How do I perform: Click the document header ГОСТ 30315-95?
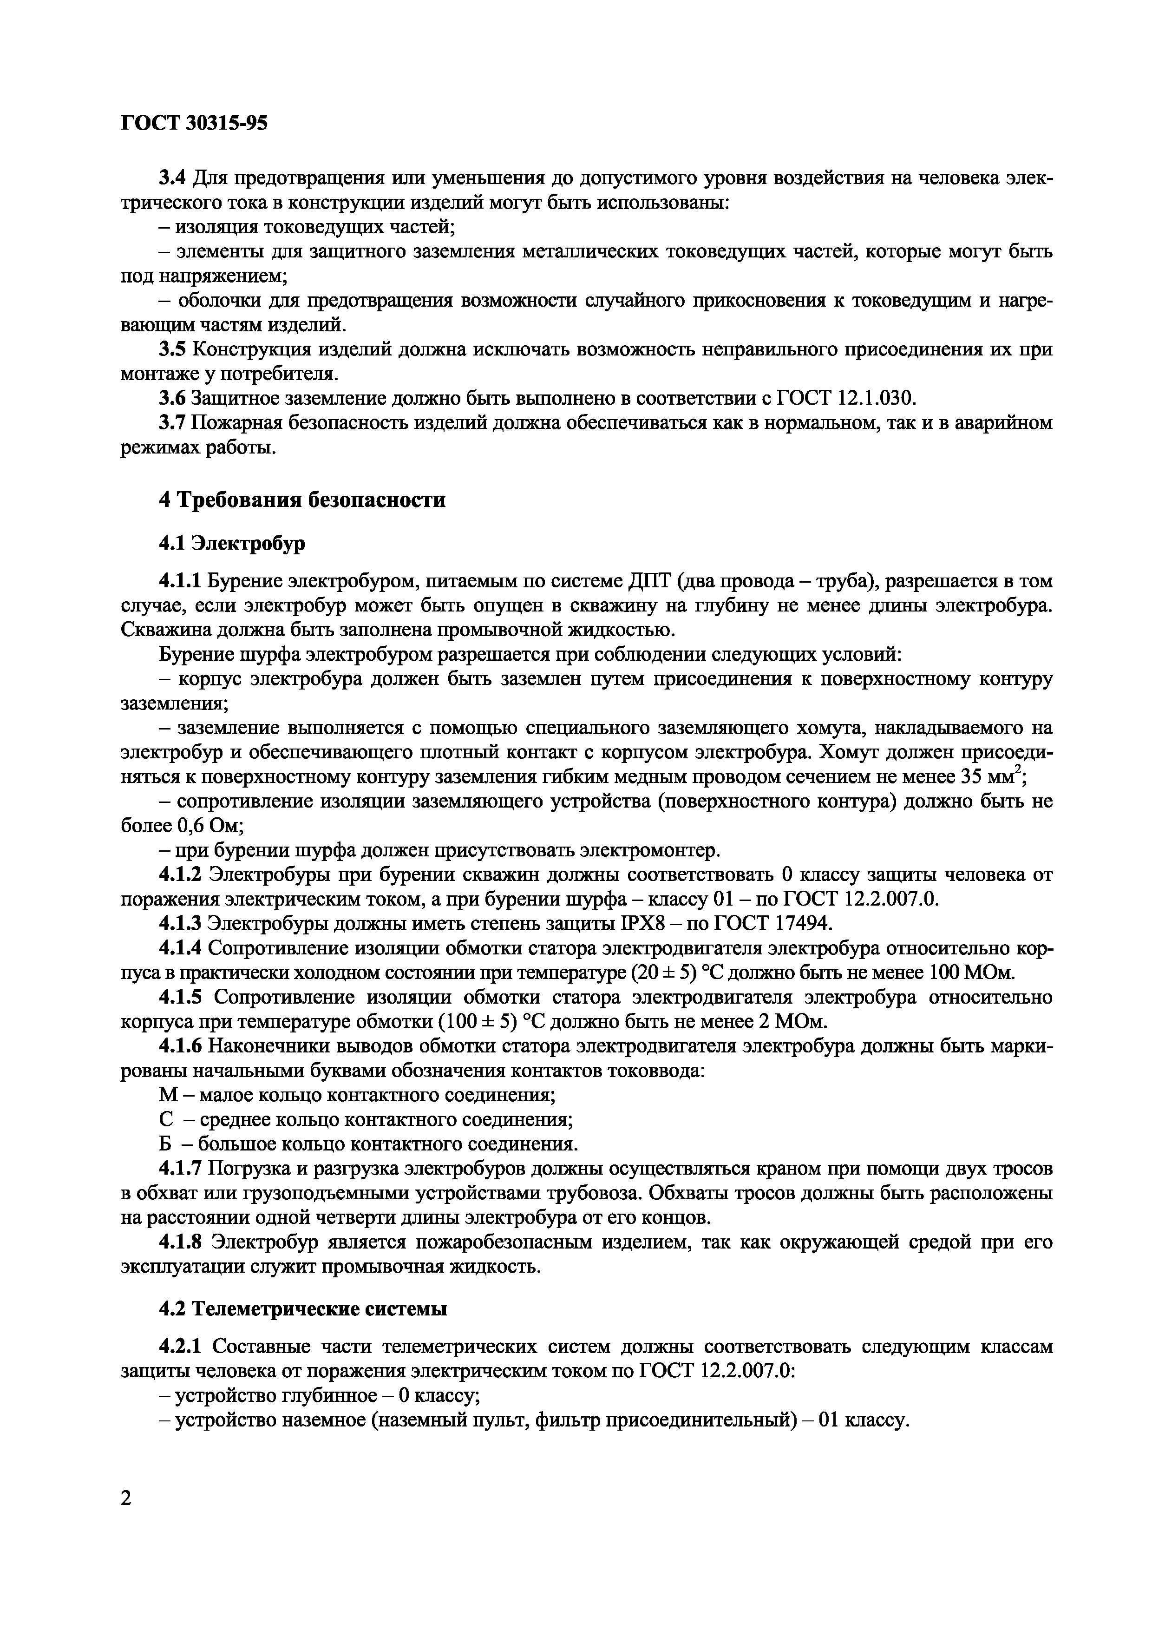194,124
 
